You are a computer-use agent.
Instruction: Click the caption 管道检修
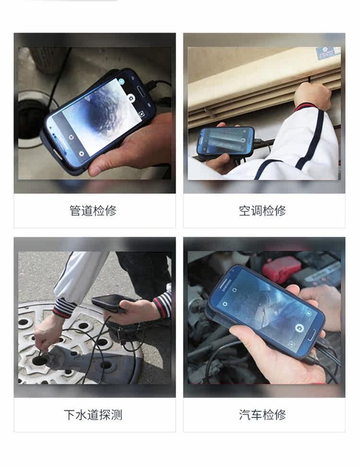coord(93,210)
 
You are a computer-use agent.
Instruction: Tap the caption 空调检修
coord(263,210)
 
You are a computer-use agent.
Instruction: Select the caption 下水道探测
coord(93,415)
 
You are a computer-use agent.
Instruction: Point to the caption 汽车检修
coord(263,415)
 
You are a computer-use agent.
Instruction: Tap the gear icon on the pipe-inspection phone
coord(81,153)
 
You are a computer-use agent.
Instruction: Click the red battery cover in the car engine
coord(281,270)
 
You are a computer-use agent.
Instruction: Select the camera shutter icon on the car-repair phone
coord(300,328)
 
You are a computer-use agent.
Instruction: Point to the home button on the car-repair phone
coord(312,335)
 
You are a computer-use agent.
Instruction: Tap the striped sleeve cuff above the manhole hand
coord(64,307)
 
